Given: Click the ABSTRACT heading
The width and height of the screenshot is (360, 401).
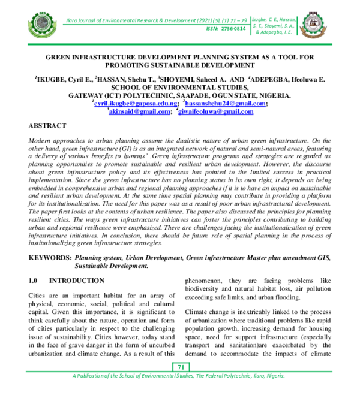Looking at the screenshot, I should tap(47, 126).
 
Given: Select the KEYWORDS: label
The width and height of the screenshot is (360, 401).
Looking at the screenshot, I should tap(50, 257).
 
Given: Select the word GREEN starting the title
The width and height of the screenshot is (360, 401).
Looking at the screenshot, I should tap(62, 56).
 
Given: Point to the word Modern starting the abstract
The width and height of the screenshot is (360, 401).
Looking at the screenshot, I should tap(41, 139).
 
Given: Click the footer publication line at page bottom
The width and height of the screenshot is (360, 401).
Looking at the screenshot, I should tap(179, 376).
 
